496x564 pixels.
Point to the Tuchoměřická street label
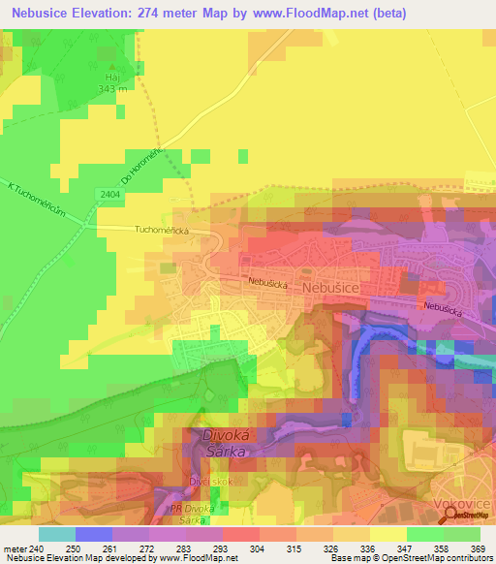(x=161, y=231)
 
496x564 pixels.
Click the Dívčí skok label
(x=211, y=480)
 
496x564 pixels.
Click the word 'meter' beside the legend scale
(x=14, y=548)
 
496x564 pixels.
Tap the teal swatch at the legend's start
(x=56, y=534)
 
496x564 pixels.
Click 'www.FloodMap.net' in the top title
(x=316, y=13)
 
